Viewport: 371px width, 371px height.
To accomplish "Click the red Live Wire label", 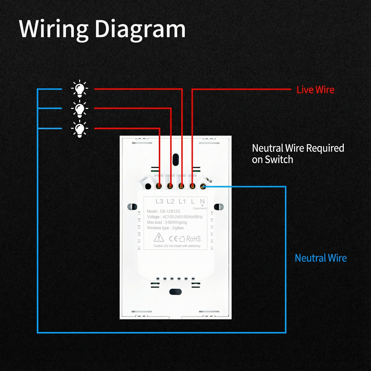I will [x=315, y=90].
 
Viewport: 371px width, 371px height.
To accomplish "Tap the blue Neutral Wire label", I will [x=321, y=258].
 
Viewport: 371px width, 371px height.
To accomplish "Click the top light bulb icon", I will [x=80, y=89].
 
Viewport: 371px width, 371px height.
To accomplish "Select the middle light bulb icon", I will [x=80, y=109].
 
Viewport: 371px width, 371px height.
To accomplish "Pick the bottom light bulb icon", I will [x=80, y=129].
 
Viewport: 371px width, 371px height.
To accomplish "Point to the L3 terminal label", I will [x=159, y=202].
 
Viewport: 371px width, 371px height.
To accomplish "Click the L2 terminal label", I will [x=170, y=202].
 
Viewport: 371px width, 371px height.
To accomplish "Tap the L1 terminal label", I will [x=182, y=202].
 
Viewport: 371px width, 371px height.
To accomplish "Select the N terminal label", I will [x=202, y=202].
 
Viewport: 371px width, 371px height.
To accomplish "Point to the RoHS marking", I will [x=193, y=239].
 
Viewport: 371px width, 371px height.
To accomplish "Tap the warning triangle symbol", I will [x=159, y=237].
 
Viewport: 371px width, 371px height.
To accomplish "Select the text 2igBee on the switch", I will [x=178, y=228].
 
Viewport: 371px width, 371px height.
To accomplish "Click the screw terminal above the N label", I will [x=203, y=186].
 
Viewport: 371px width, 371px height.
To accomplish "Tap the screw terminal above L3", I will [x=159, y=186].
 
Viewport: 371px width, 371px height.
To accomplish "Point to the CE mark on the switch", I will [x=173, y=239].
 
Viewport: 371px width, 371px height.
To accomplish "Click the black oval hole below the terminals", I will [x=175, y=292].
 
